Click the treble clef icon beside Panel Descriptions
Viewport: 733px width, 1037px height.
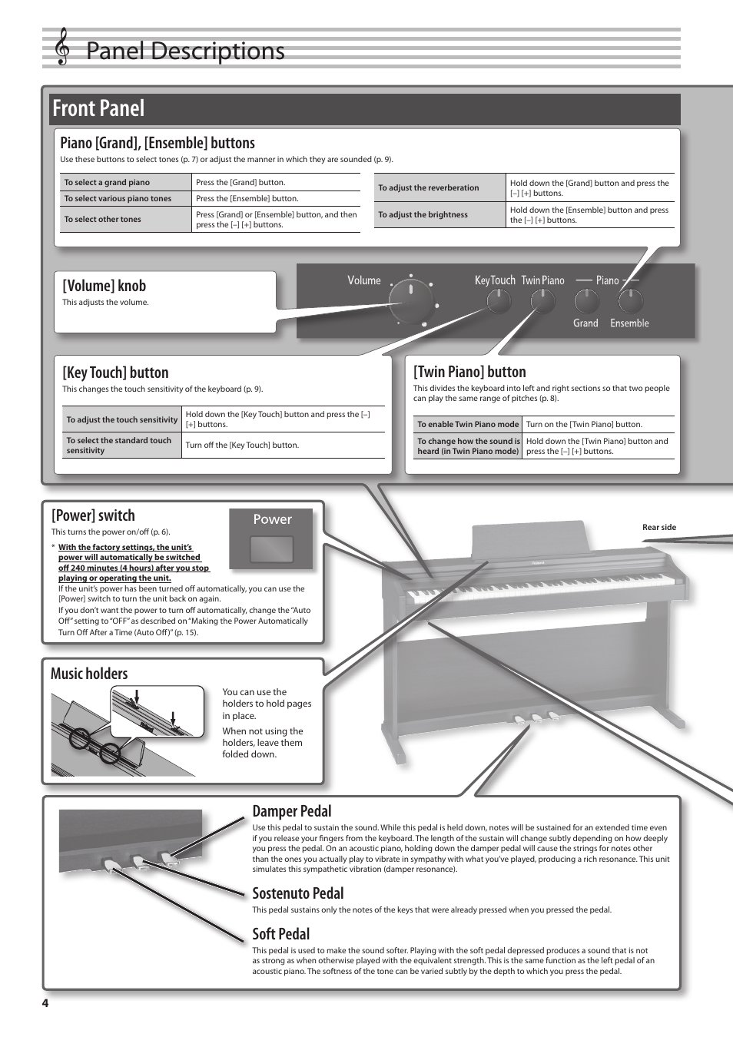(x=62, y=48)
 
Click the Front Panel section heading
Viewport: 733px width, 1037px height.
(x=98, y=108)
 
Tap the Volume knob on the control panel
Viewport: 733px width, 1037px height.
(x=411, y=300)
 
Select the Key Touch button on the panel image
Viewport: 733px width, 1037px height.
(x=499, y=301)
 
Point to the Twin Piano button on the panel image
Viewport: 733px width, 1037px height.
(x=542, y=301)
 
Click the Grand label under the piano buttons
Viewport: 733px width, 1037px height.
(x=585, y=323)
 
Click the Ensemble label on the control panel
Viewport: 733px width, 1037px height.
(x=629, y=323)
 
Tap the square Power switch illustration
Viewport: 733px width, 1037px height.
(x=272, y=549)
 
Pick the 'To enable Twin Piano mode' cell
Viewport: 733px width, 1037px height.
(x=467, y=424)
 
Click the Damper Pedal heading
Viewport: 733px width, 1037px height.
(x=292, y=811)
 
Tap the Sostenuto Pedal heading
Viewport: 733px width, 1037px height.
(x=298, y=893)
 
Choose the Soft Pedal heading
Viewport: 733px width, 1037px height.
(x=281, y=934)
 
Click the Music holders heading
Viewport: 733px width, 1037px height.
(x=89, y=674)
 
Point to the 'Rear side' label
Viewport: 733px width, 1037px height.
(x=658, y=527)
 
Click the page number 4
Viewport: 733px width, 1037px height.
(x=45, y=1003)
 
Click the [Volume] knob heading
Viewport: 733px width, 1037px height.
(x=104, y=286)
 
